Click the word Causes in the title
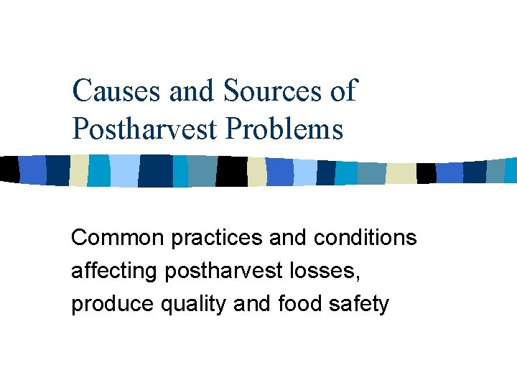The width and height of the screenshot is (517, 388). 117,92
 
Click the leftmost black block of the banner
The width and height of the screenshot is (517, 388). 9,169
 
